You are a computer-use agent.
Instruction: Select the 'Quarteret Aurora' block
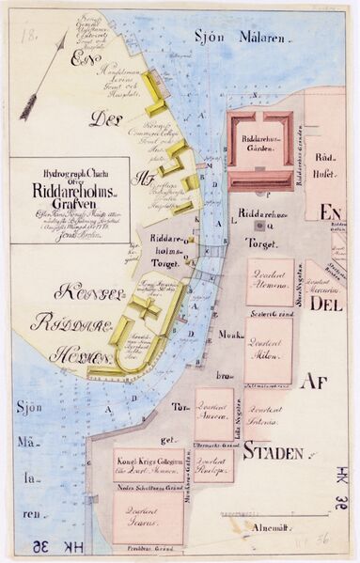(x=214, y=414)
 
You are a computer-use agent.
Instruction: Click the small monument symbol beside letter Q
(x=257, y=226)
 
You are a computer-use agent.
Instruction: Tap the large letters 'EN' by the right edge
(x=331, y=213)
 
